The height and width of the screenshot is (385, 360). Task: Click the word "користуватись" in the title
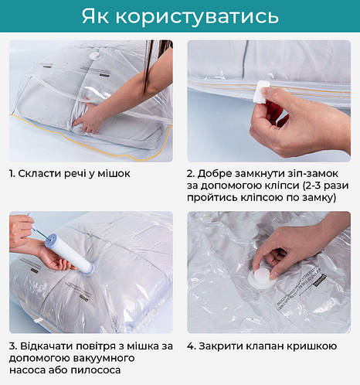click(x=197, y=16)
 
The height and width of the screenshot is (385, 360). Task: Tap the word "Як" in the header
click(x=95, y=16)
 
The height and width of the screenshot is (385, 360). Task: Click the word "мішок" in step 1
click(x=114, y=173)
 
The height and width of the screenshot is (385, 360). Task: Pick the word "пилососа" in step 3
click(x=96, y=370)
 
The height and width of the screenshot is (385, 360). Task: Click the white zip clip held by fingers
click(x=263, y=92)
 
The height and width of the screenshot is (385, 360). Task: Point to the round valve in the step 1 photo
click(x=94, y=56)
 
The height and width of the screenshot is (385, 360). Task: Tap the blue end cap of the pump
click(x=51, y=240)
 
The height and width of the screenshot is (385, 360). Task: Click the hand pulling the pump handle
click(x=21, y=228)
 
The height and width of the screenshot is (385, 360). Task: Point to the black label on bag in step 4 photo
click(x=320, y=281)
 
